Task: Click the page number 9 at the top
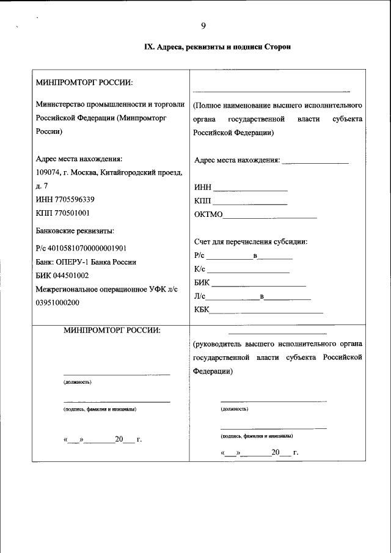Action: point(203,26)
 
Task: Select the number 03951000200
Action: point(57,302)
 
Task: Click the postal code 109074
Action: point(49,172)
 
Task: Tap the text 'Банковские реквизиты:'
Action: point(75,230)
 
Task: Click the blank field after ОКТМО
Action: point(271,215)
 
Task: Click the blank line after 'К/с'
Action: point(249,269)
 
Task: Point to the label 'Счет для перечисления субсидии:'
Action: point(250,241)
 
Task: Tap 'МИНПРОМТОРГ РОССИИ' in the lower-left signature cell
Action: point(112,330)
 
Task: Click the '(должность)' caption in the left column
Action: point(78,382)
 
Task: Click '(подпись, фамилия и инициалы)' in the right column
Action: point(257,436)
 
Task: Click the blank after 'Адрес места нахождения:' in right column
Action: point(315,161)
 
